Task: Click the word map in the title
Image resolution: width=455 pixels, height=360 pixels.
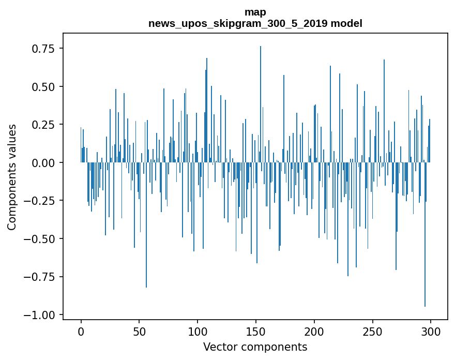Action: click(x=255, y=12)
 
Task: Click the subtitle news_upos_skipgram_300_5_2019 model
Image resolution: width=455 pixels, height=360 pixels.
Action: click(x=255, y=24)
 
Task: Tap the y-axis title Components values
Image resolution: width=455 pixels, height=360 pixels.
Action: click(x=11, y=177)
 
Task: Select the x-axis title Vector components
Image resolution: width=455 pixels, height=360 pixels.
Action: click(x=255, y=347)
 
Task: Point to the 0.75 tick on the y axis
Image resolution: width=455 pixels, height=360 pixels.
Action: click(x=44, y=49)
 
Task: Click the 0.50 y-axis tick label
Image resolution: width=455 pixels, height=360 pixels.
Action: click(x=44, y=86)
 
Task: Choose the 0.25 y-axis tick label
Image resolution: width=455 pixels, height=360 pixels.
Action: click(x=44, y=125)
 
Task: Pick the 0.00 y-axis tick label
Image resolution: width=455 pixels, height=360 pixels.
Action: click(x=44, y=163)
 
